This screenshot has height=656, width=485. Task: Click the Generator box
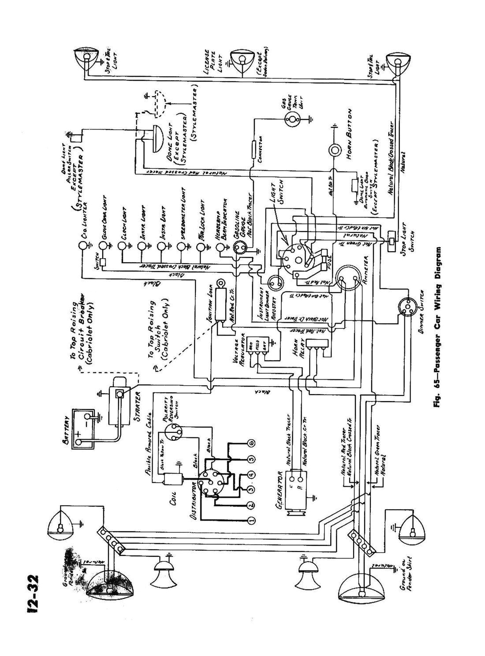(297, 485)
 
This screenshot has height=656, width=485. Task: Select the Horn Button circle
(335, 149)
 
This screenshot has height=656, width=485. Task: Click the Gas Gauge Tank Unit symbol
(291, 118)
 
